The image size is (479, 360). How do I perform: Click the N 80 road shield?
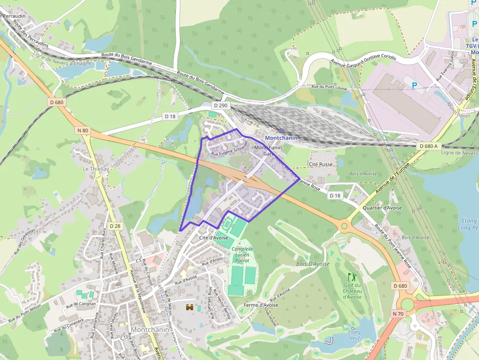click(83, 130)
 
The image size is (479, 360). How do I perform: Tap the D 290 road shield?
click(220, 106)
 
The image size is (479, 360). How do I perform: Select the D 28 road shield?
click(115, 226)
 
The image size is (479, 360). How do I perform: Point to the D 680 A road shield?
click(429, 146)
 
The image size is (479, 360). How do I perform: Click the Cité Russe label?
click(321, 164)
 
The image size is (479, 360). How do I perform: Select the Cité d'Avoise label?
click(214, 237)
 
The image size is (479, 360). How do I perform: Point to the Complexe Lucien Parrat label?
click(242, 255)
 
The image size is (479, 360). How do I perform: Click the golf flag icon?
click(351, 277)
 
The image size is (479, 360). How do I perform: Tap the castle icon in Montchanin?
click(189, 308)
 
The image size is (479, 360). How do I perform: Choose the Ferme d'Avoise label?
click(261, 305)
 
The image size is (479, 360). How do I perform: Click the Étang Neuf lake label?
click(354, 335)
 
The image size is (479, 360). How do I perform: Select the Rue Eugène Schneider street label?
click(229, 150)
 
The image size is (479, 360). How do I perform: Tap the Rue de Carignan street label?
click(81, 304)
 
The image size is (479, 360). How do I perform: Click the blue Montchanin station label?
click(281, 138)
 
